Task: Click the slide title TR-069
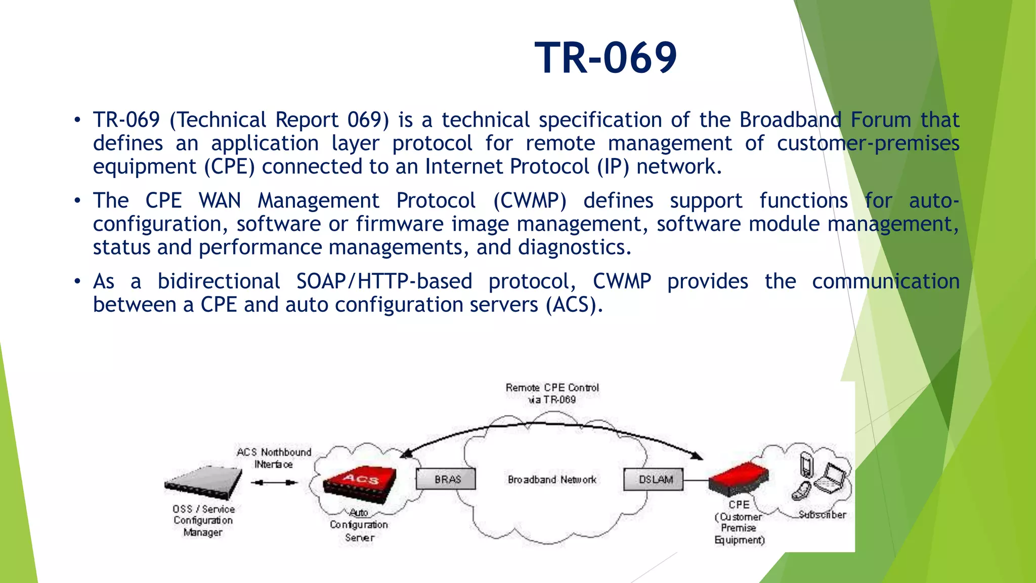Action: (x=606, y=58)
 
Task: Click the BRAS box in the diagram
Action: (x=446, y=479)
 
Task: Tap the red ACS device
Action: (x=360, y=484)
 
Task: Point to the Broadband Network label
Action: (x=552, y=479)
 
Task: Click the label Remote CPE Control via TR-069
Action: (x=552, y=393)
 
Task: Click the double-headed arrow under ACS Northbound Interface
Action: (x=274, y=482)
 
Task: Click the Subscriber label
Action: (x=822, y=515)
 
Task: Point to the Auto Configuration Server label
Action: (x=359, y=525)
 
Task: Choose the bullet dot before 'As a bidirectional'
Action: (x=77, y=281)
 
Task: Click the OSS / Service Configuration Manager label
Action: (x=203, y=520)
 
